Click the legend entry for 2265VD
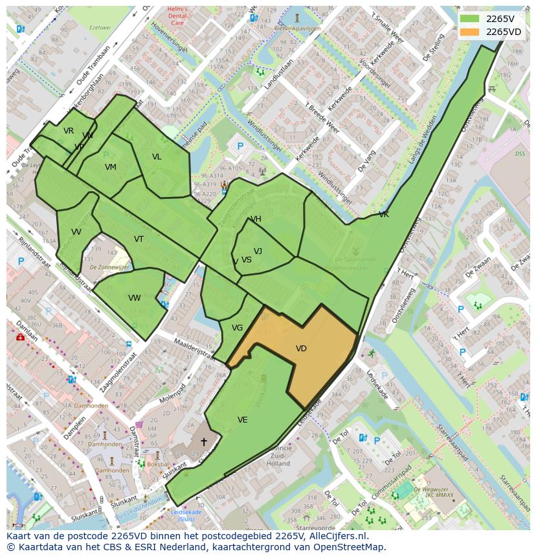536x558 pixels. tap(503, 32)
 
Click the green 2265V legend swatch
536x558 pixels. tap(471, 19)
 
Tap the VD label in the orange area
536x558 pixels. tap(301, 349)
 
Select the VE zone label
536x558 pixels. tap(242, 420)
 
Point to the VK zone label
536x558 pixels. tap(384, 215)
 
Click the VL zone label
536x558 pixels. tap(157, 157)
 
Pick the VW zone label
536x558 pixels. tap(135, 298)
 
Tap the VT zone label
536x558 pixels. tap(139, 239)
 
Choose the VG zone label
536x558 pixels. tap(237, 328)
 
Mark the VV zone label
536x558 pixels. tap(76, 232)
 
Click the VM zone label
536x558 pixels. tap(111, 167)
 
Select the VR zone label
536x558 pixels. tap(69, 131)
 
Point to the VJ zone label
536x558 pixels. tap(258, 251)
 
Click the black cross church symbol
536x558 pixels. tap(203, 441)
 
